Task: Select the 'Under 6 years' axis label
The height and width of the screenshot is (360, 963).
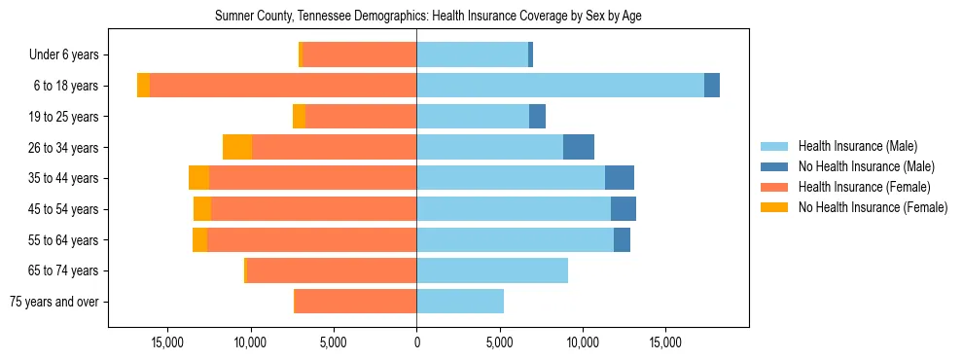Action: tap(70, 54)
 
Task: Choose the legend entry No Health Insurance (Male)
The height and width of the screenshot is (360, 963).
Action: tap(866, 166)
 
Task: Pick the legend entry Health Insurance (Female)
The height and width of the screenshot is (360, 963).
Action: tap(864, 187)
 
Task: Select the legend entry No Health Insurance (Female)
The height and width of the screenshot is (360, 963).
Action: tap(872, 207)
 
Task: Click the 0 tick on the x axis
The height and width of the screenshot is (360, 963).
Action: tap(416, 342)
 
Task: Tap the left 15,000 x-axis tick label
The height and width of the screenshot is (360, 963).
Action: tap(168, 342)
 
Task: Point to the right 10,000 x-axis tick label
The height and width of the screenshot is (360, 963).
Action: tap(583, 342)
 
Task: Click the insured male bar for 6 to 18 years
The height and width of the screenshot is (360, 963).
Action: tap(560, 86)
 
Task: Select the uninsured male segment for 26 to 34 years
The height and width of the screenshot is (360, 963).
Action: tap(579, 147)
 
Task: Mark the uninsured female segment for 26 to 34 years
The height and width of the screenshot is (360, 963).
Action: tap(237, 147)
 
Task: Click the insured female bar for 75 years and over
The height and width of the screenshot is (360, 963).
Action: tap(355, 302)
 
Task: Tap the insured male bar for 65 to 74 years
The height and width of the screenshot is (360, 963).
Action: tap(492, 270)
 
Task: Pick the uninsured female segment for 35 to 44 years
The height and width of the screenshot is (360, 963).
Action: tap(198, 178)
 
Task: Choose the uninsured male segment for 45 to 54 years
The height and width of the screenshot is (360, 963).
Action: tap(624, 209)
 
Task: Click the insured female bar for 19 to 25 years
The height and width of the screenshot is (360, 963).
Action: tap(361, 117)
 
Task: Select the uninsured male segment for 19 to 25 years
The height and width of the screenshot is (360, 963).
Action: tap(537, 117)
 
